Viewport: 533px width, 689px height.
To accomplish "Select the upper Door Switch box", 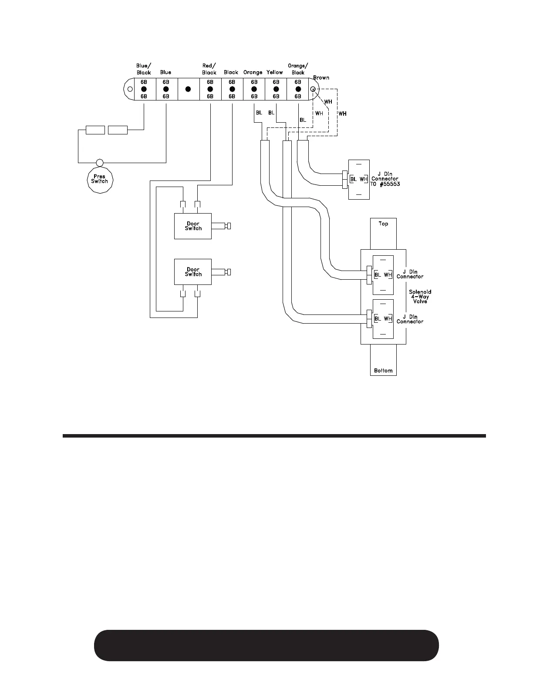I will [193, 226].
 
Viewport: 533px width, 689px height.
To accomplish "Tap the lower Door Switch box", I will [193, 272].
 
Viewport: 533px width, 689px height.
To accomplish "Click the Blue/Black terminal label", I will [144, 69].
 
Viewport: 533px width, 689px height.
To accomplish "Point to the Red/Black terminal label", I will [209, 69].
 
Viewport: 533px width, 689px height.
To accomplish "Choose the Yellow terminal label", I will [275, 72].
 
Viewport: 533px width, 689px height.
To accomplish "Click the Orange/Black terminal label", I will [298, 69].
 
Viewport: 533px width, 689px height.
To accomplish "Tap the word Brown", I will [321, 78].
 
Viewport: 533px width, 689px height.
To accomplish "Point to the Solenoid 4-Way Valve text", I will [420, 296].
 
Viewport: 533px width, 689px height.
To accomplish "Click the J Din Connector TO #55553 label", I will [385, 179].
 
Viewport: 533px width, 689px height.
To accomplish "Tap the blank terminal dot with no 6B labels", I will [188, 89].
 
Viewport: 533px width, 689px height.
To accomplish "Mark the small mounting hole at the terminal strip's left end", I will [129, 89].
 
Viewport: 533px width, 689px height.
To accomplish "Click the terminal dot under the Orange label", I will [254, 89].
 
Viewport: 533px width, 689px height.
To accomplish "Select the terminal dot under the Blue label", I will [166, 89].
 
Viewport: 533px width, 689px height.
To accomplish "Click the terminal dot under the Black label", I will [232, 89].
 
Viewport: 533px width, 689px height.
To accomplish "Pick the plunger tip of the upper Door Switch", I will [229, 226].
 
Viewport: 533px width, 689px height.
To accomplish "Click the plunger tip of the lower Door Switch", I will [229, 272].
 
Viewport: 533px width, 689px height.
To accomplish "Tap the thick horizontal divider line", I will [274, 435].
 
